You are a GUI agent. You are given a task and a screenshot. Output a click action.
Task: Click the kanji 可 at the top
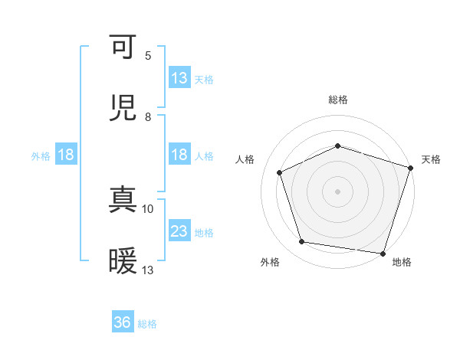click(124, 47)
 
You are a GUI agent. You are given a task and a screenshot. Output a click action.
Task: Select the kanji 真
click(124, 201)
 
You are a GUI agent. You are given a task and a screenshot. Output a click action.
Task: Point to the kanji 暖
click(124, 261)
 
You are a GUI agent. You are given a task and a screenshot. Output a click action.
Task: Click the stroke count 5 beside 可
click(148, 55)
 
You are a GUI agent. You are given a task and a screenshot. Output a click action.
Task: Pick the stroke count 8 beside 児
click(148, 116)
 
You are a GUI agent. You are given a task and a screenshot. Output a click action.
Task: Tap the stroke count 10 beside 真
click(148, 208)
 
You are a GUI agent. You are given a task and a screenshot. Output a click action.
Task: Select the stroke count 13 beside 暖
click(148, 270)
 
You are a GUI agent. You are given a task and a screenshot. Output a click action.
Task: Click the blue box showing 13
click(179, 78)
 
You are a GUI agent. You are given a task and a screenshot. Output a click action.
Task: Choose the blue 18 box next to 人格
click(179, 155)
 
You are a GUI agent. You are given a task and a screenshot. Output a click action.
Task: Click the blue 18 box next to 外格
click(66, 155)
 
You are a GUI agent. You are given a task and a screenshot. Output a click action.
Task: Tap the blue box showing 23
click(179, 231)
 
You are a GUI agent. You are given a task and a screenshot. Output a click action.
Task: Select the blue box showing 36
click(123, 323)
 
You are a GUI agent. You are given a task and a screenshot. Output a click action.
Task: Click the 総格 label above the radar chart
click(338, 100)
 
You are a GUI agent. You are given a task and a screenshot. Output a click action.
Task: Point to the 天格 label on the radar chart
click(431, 159)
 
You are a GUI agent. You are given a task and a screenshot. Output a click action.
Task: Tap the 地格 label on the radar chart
click(402, 262)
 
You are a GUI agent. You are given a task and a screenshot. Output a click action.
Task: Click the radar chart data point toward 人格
click(281, 173)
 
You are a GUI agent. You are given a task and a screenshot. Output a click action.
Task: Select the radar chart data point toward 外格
click(302, 242)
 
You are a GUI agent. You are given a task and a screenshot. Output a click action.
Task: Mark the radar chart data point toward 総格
click(338, 146)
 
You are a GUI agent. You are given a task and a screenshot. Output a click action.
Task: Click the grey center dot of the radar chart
click(338, 191)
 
